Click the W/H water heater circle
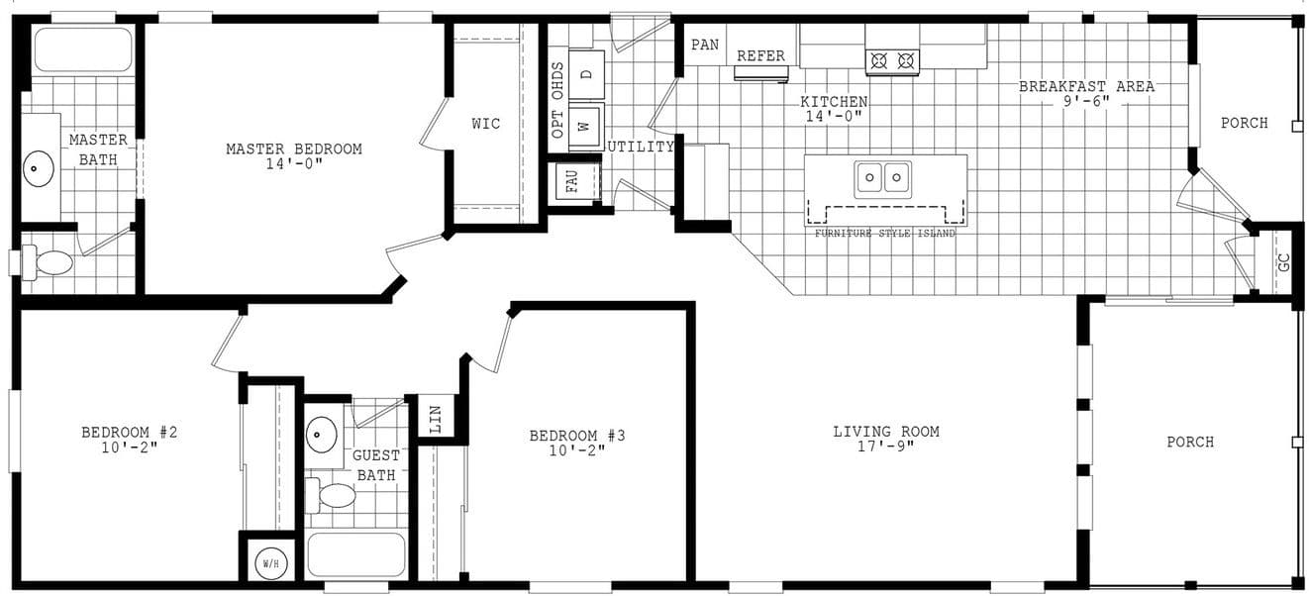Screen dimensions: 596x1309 pos(270,562)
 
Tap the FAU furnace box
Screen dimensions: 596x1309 pos(573,183)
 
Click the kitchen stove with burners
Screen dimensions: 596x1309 pos(892,61)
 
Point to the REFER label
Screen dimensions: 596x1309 pos(760,56)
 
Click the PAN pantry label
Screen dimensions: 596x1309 pos(705,45)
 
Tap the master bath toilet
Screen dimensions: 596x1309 pos(50,262)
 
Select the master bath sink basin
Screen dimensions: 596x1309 pos(39,168)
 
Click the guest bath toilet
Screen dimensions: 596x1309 pos(333,495)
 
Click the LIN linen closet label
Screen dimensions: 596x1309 pos(436,418)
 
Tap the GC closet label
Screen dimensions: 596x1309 pos(1283,263)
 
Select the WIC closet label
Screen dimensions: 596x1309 pos(485,124)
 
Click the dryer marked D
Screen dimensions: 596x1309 pos(585,75)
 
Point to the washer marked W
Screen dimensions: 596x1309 pos(584,126)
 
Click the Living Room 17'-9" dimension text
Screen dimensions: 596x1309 pos(885,446)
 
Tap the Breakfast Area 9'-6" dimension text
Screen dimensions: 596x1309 pos(1086,101)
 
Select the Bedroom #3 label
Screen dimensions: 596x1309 pos(576,436)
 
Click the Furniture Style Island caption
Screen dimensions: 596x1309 pos(884,234)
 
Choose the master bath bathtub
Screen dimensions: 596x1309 pos(83,49)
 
